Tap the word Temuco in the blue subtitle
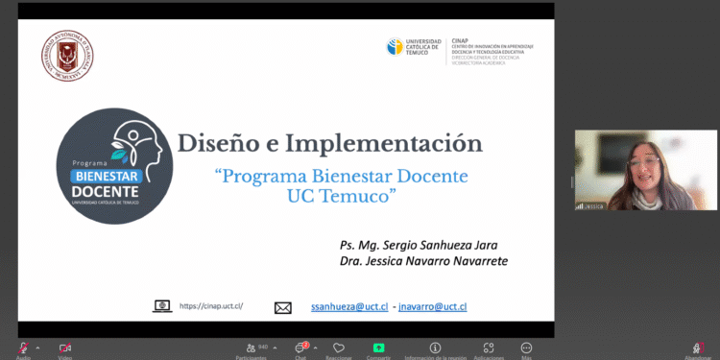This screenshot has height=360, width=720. (354, 195)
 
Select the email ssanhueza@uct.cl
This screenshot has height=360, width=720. (349, 307)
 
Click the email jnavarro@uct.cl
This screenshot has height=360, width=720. (432, 307)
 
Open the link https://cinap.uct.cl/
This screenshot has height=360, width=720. (210, 307)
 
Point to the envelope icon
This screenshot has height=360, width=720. (282, 307)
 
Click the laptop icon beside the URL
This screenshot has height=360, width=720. (162, 306)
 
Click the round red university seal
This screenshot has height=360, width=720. (67, 57)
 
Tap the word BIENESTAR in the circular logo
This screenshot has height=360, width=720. (108, 176)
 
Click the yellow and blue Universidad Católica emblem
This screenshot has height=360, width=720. (395, 47)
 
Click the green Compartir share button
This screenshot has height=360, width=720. (379, 348)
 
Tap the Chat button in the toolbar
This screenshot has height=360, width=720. (300, 348)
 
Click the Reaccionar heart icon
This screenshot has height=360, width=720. (337, 348)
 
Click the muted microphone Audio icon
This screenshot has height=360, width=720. (24, 348)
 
